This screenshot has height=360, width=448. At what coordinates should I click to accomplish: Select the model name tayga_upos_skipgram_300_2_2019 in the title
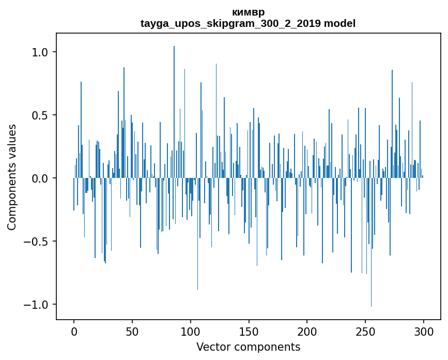[x=230, y=23]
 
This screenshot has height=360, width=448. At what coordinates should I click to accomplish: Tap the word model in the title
[x=339, y=23]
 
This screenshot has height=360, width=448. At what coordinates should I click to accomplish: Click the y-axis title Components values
[x=12, y=177]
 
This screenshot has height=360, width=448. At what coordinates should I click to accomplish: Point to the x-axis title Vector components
[x=248, y=347]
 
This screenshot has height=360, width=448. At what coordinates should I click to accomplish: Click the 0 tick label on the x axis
[x=74, y=331]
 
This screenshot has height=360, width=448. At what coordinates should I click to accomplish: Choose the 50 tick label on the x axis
[x=132, y=331]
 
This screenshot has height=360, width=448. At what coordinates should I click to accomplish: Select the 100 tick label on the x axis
[x=191, y=331]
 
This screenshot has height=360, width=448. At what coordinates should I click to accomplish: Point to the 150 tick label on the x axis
[x=249, y=331]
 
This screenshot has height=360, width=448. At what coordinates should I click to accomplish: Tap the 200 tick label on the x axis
[x=307, y=331]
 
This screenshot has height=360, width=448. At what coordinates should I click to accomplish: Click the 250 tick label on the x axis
[x=365, y=331]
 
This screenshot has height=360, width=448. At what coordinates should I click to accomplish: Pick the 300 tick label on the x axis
[x=424, y=331]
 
